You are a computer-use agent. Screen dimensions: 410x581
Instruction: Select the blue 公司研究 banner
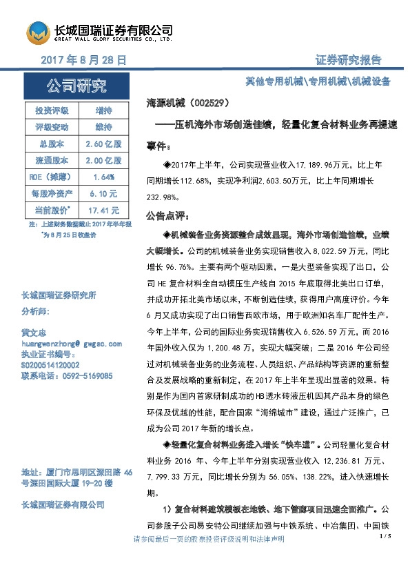76,87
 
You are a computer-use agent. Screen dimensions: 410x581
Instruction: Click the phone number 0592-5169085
84,376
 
